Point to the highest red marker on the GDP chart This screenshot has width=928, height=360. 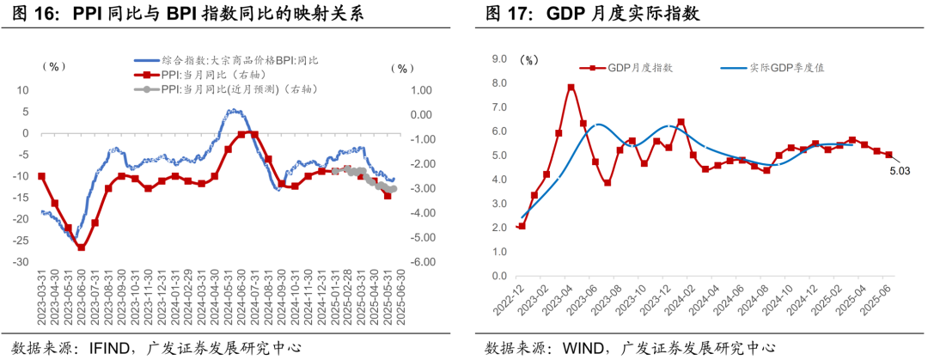point(571,87)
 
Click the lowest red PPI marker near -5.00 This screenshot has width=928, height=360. point(82,247)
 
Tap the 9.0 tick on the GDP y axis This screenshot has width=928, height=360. point(498,59)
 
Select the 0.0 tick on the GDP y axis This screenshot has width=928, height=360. point(498,278)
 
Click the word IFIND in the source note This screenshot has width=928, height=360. point(112,348)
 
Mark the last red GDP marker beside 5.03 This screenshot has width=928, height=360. point(888,156)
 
